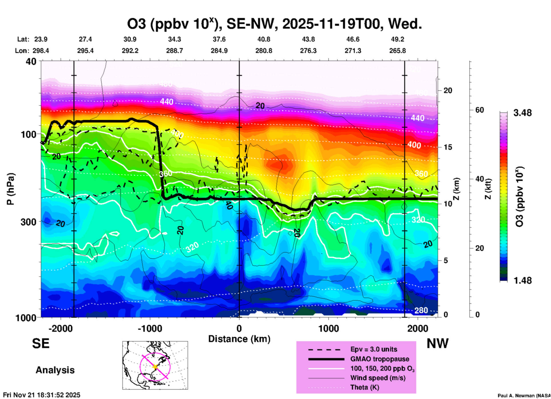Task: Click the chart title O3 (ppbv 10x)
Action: [274, 24]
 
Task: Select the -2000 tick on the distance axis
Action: [60, 329]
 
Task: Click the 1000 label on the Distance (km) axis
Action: [328, 329]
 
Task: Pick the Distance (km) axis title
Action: [239, 339]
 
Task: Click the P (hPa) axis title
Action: [11, 189]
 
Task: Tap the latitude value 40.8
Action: [263, 39]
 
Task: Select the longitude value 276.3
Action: [308, 51]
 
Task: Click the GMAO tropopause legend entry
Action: [380, 359]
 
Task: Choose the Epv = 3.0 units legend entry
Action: [374, 349]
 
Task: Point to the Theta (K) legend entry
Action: [364, 387]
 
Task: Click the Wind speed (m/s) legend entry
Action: [378, 378]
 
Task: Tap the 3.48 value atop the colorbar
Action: [522, 113]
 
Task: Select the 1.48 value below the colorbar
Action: [522, 281]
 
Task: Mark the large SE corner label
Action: [41, 343]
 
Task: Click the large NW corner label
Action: [437, 343]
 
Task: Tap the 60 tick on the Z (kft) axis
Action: [480, 110]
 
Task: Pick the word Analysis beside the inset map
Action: [55, 370]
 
